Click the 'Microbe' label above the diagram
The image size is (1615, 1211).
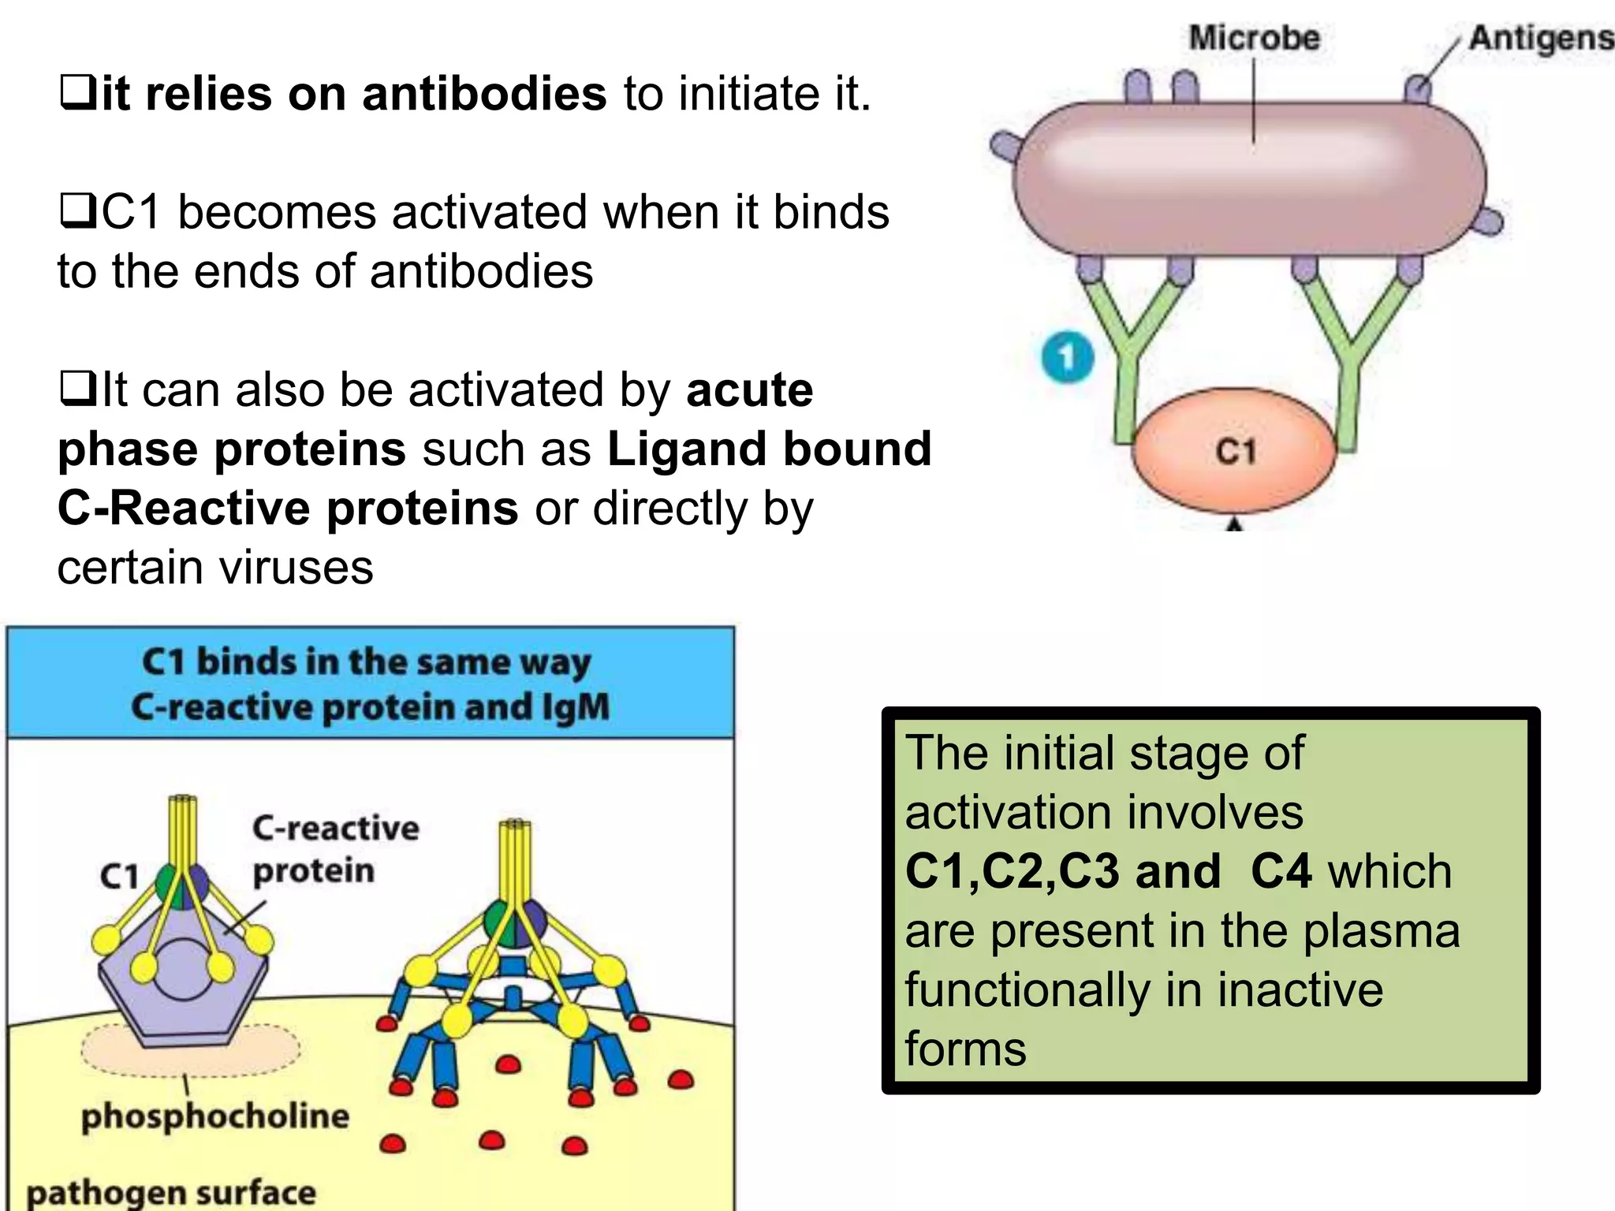point(1254,38)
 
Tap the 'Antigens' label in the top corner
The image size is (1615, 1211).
point(1541,38)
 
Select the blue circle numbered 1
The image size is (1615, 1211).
point(1067,357)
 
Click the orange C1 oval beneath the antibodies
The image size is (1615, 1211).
point(1234,452)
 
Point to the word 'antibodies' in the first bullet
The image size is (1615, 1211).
point(484,94)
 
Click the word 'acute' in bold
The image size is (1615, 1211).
point(749,389)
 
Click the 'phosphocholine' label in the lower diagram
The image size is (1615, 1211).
point(214,1116)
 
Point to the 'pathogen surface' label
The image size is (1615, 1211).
point(171,1192)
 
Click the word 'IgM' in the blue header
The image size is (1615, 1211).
point(575,706)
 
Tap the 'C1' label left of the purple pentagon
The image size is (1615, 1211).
point(119,876)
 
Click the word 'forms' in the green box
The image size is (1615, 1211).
point(965,1049)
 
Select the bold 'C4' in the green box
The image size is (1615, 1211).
point(1281,871)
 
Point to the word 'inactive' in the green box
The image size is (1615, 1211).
point(1300,989)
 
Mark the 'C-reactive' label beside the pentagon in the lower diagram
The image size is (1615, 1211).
point(336,828)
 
